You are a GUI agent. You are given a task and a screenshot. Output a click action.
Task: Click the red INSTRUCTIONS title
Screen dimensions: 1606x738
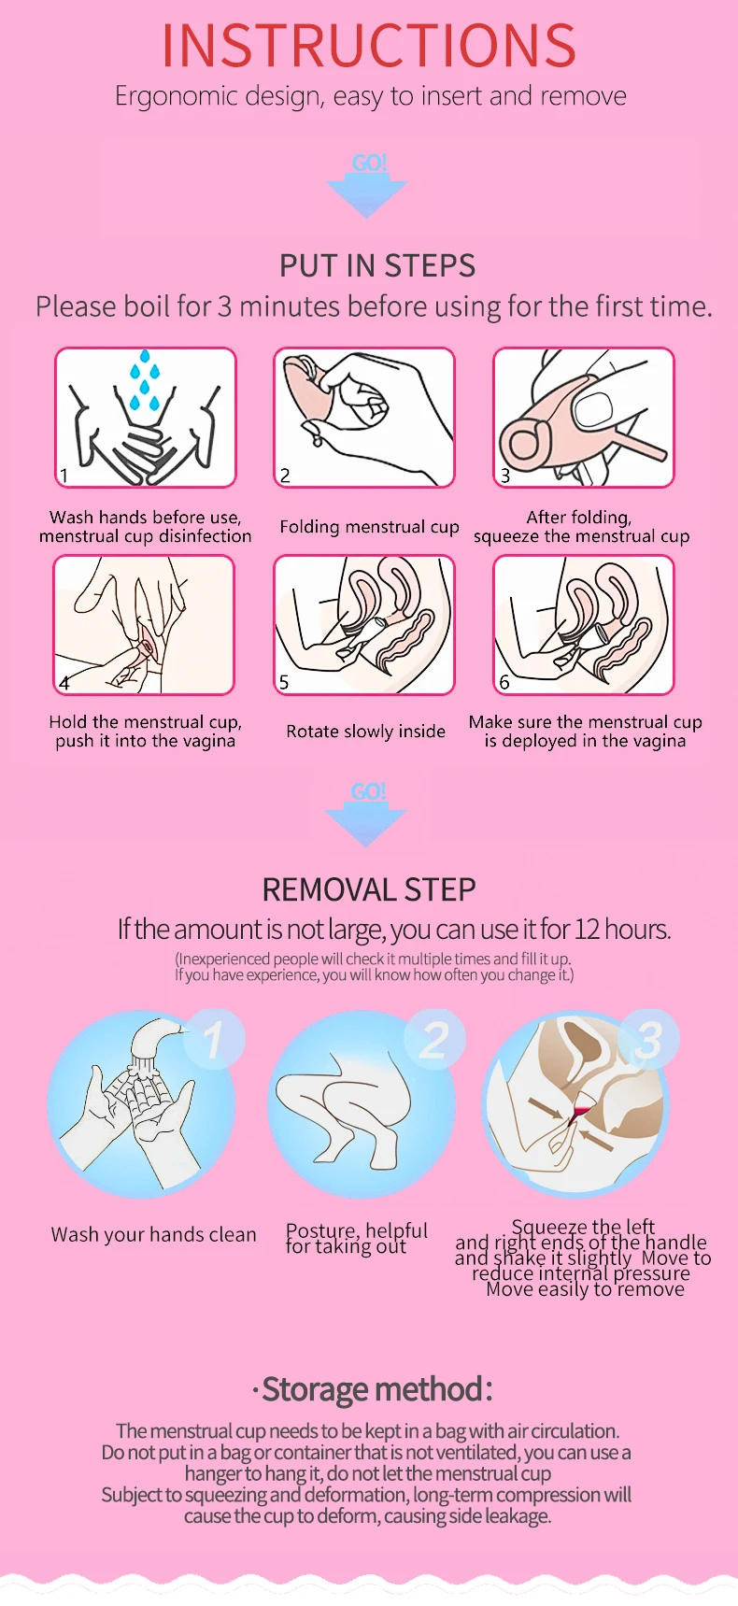click(x=369, y=45)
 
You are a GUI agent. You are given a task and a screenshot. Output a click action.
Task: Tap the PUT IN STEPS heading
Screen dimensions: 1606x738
click(x=377, y=266)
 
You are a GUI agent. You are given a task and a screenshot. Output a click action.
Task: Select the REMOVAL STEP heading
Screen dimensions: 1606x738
click(x=369, y=889)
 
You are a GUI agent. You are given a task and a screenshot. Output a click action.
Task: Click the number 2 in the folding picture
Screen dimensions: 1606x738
click(x=286, y=475)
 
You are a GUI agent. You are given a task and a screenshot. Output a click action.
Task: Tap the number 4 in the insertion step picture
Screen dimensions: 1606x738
click(x=64, y=683)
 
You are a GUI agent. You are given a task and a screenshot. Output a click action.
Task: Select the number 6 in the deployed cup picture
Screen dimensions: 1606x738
click(x=504, y=682)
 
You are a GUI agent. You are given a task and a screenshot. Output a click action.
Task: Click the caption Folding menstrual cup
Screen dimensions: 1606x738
click(x=369, y=527)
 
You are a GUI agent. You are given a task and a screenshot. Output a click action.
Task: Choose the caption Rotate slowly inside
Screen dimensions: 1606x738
click(x=366, y=732)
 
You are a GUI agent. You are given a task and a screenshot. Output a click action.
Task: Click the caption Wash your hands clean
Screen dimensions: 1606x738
click(x=153, y=1235)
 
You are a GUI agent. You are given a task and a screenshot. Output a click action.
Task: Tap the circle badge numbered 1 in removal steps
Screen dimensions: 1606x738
click(x=214, y=1040)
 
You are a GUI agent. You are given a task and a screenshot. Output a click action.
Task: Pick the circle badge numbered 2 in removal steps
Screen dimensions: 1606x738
click(x=434, y=1040)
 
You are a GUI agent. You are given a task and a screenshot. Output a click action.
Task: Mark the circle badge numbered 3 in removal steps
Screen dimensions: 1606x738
click(x=649, y=1040)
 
